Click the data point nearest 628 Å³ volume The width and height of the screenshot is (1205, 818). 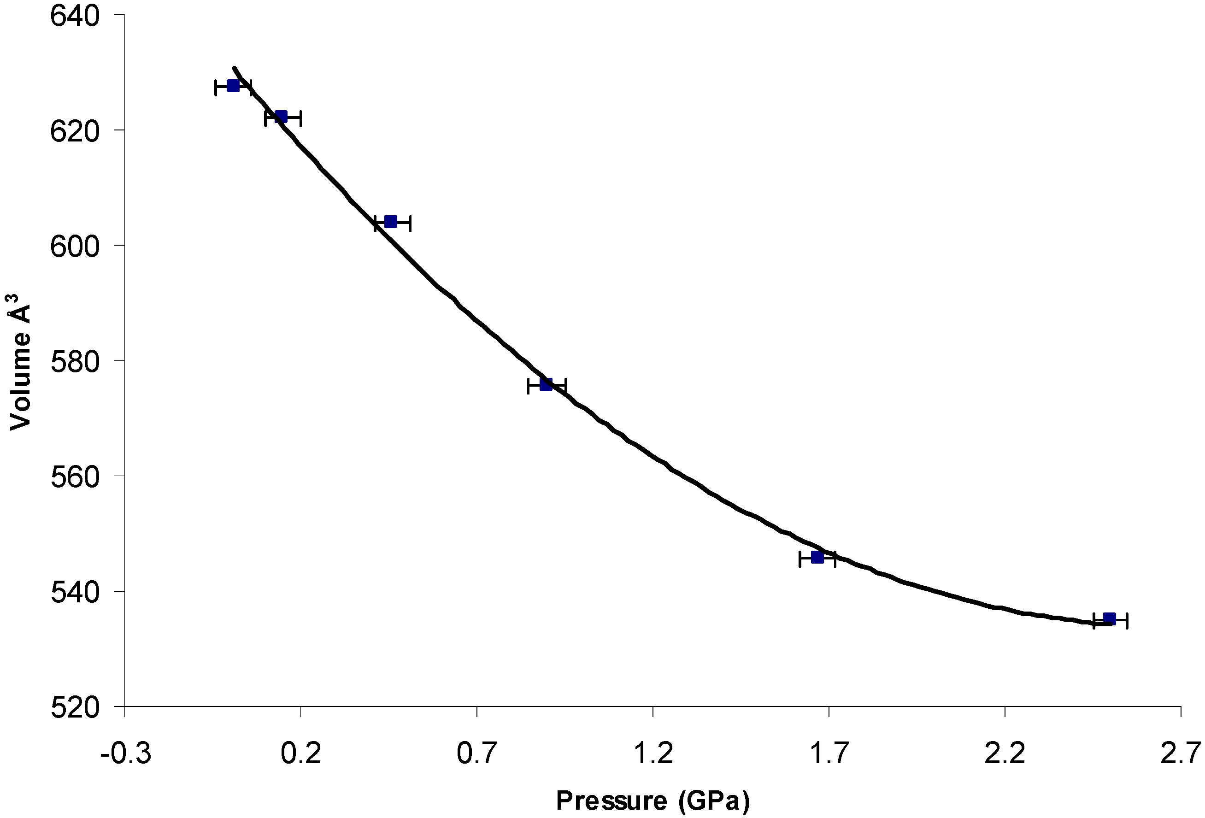coord(233,86)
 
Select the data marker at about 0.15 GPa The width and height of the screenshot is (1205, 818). coord(281,116)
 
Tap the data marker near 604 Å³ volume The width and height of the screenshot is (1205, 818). coord(391,222)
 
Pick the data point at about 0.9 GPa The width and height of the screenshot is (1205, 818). coord(546,384)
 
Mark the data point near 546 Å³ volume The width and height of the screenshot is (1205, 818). coord(817,558)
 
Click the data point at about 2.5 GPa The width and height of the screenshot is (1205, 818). coord(1109,618)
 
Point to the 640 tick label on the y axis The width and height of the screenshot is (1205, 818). coord(75,16)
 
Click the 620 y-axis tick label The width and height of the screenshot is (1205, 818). coord(75,131)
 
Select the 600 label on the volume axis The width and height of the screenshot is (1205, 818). coord(75,247)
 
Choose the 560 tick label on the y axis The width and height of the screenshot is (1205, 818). coord(75,477)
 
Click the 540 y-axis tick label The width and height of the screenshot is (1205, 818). coord(75,592)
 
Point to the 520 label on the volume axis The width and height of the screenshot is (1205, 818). coord(75,707)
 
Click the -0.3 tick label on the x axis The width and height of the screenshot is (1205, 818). coord(125,753)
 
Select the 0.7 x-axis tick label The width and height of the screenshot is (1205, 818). coord(477,753)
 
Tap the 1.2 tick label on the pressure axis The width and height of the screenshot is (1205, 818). coord(653,753)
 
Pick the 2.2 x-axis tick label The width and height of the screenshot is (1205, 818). coord(1005,753)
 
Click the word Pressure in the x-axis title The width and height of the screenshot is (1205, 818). coord(611,800)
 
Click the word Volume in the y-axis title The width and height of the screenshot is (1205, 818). coord(21,382)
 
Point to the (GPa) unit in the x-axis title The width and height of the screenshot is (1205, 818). coord(714,800)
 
